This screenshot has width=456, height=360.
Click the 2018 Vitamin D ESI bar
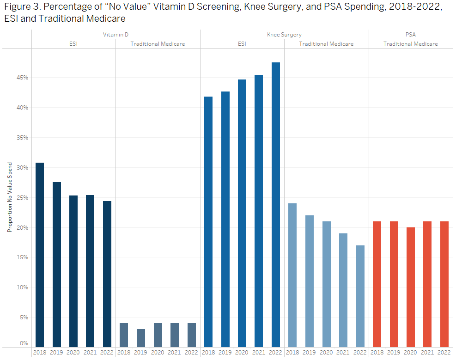(x=40, y=254)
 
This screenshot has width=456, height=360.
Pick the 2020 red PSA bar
(x=411, y=287)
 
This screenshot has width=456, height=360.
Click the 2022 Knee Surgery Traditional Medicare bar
(x=360, y=296)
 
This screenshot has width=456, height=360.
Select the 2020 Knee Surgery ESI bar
(x=242, y=213)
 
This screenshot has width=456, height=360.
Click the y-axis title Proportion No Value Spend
(x=9, y=197)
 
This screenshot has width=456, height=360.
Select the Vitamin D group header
(x=116, y=35)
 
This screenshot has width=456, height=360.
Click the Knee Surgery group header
(x=284, y=35)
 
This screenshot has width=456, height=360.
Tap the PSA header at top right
(x=411, y=35)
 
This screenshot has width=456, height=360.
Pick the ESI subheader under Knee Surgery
(x=242, y=44)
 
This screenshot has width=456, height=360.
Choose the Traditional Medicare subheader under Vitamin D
(x=158, y=44)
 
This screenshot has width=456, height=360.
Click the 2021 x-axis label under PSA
(x=427, y=353)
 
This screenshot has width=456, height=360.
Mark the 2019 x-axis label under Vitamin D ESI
(x=56, y=353)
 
